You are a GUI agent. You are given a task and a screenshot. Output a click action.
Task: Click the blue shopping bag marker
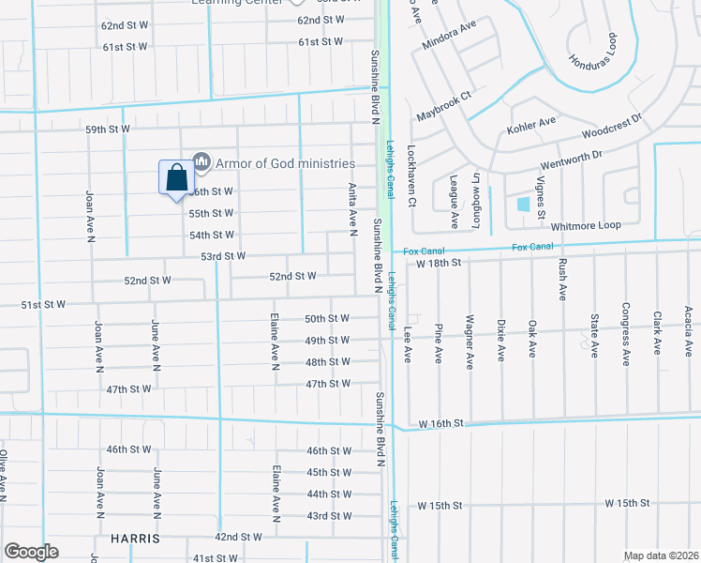[x=176, y=177]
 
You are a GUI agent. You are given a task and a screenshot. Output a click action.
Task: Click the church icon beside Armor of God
[x=200, y=162]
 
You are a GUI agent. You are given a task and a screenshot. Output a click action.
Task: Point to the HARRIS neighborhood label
[x=134, y=540]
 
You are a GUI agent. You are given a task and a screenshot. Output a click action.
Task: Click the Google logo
[x=31, y=552]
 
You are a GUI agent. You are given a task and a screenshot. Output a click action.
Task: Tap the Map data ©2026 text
[x=662, y=555]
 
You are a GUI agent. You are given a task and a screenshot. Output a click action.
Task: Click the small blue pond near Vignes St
[x=523, y=204]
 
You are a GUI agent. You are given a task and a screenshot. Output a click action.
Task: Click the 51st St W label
[x=43, y=304]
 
